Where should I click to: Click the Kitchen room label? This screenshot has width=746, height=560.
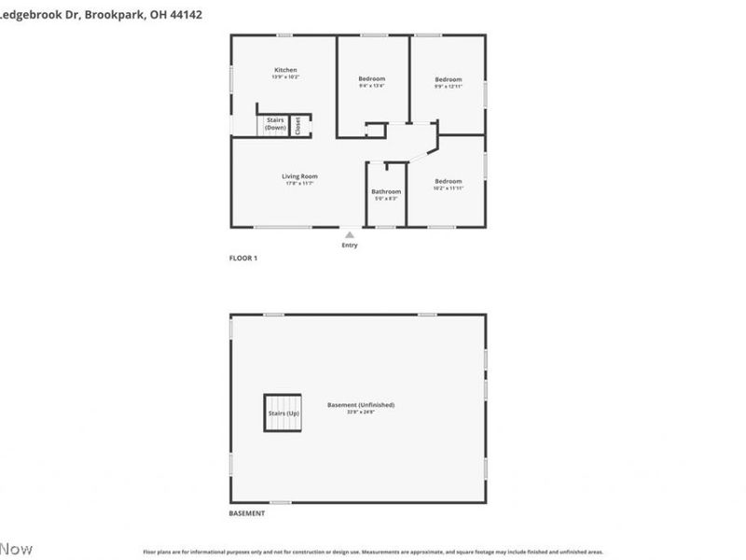(x=285, y=70)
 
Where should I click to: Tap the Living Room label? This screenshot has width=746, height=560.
(x=300, y=176)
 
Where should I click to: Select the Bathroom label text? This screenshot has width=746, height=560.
(x=386, y=191)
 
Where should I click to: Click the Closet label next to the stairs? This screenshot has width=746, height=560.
(x=297, y=126)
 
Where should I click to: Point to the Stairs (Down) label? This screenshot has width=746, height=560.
(x=275, y=123)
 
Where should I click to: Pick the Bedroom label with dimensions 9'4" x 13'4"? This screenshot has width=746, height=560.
(x=371, y=78)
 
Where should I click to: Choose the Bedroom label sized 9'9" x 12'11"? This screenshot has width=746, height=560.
(x=448, y=79)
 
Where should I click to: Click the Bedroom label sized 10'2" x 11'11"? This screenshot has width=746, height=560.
(x=448, y=181)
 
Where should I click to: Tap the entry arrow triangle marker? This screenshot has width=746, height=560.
(x=349, y=235)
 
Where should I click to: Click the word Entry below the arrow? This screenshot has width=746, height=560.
(x=349, y=245)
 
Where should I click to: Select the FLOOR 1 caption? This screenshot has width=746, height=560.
(x=243, y=258)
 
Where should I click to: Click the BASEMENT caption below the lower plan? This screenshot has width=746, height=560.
(x=247, y=513)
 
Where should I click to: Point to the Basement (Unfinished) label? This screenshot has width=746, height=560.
(x=361, y=404)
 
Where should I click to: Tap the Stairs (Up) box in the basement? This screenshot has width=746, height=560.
(x=282, y=412)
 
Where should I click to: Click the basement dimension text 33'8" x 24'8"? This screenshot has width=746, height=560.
(x=361, y=412)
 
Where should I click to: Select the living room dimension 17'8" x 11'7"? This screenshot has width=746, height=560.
(x=300, y=183)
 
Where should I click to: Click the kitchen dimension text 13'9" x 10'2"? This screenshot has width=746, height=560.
(x=285, y=77)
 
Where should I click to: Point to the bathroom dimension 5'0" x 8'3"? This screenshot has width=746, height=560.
(x=386, y=198)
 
